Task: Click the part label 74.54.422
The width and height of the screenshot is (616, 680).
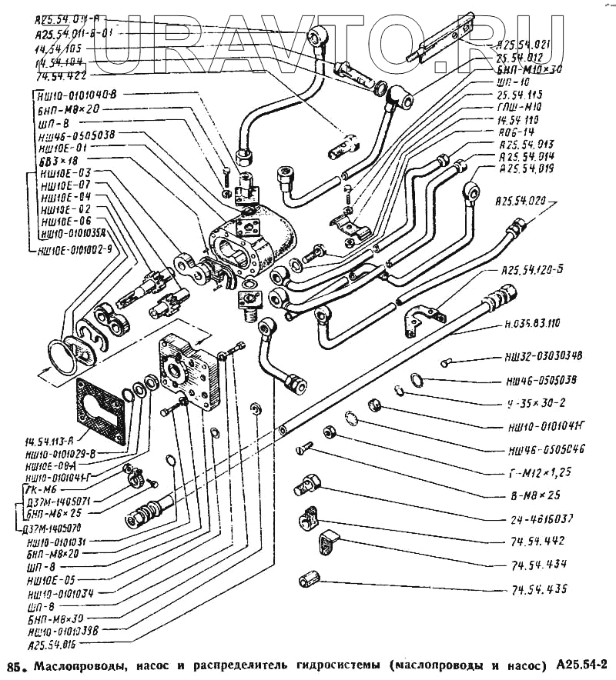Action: (61, 77)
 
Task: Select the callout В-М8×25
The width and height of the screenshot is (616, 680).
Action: (537, 495)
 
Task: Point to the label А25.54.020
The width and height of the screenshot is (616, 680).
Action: (524, 202)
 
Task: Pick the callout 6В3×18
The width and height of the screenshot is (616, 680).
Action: (58, 160)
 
